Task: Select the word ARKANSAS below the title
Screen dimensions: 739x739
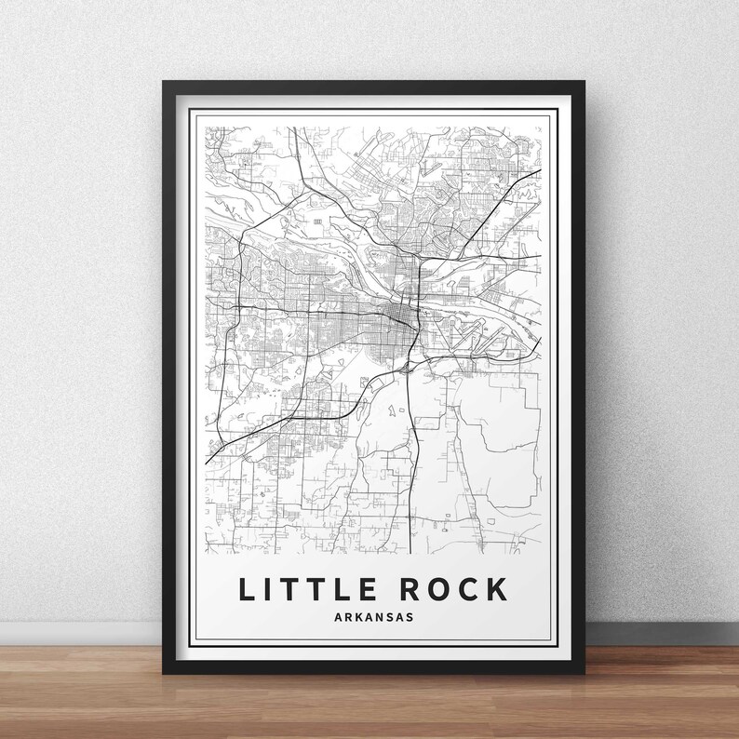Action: pyautogui.click(x=370, y=616)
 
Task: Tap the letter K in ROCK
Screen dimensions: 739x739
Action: pyautogui.click(x=498, y=589)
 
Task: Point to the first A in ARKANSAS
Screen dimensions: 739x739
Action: pyautogui.click(x=331, y=616)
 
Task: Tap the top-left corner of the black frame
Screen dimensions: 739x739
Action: pyautogui.click(x=165, y=83)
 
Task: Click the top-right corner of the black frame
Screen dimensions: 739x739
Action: pyautogui.click(x=576, y=83)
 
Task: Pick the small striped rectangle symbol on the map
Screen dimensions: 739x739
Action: pyautogui.click(x=318, y=222)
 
